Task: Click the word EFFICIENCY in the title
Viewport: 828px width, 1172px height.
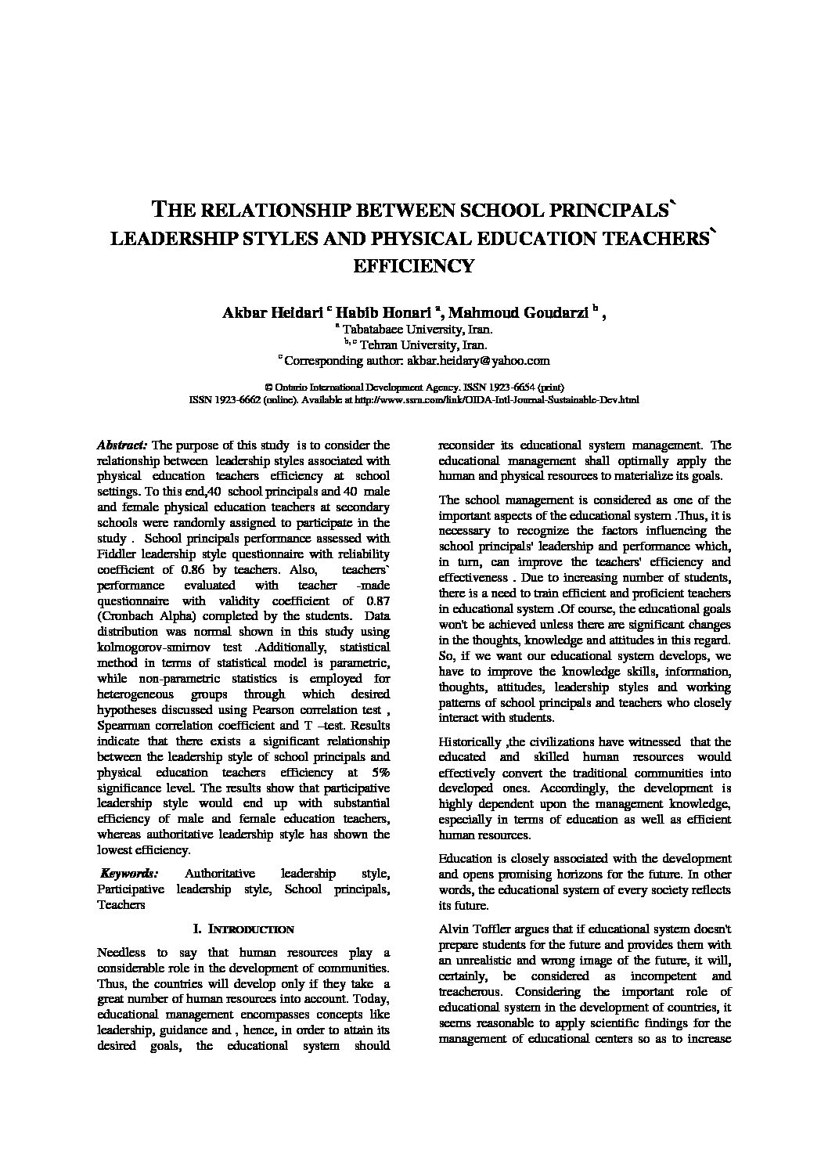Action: pyautogui.click(x=414, y=266)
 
